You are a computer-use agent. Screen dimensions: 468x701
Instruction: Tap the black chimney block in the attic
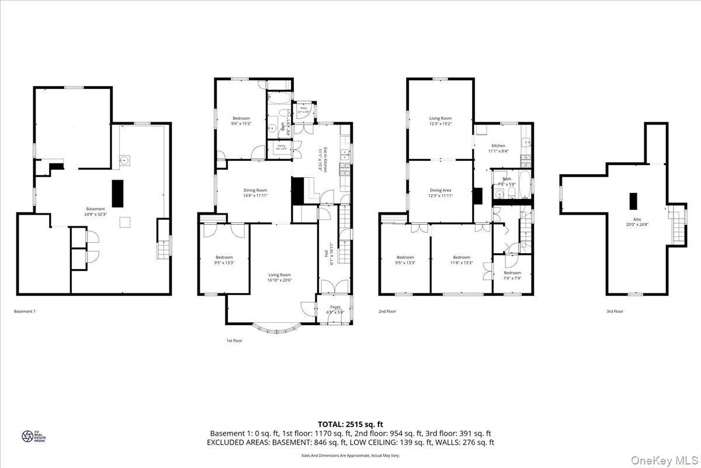point(633,201)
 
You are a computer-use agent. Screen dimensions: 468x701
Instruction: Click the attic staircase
point(678,225)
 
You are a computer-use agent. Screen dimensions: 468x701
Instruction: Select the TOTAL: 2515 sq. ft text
point(350,424)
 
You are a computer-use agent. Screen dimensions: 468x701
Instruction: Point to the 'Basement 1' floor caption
point(25,312)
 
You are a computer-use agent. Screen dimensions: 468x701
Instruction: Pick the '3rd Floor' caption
point(615,312)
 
